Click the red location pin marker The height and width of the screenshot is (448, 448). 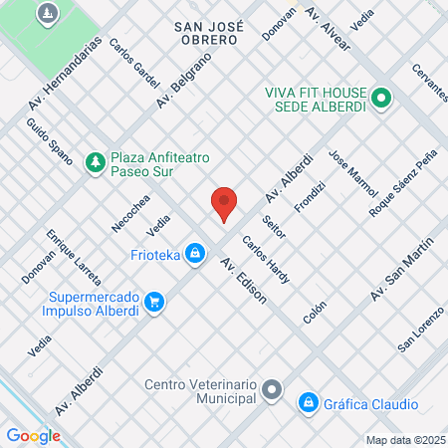click(224, 203)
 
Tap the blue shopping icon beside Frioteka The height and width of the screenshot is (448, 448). click(198, 255)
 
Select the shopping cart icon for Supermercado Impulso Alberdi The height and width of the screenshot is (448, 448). click(153, 301)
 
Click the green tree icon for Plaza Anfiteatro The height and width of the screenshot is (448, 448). click(96, 160)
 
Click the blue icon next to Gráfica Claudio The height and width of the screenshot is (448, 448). click(308, 403)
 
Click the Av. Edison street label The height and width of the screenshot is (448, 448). click(243, 281)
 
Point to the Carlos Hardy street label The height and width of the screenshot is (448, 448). click(266, 260)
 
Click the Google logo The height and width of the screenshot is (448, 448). click(33, 435)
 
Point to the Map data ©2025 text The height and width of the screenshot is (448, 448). click(402, 440)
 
